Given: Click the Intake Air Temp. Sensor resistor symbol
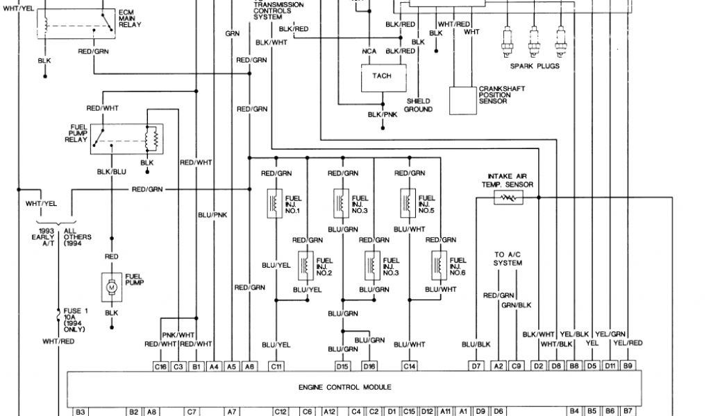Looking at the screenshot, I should tap(509, 198).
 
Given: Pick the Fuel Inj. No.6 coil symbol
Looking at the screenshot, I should tap(437, 264).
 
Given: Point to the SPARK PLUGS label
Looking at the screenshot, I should tap(534, 67).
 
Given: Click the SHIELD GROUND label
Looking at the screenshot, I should tap(418, 105).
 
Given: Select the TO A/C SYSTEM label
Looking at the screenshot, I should tap(508, 259).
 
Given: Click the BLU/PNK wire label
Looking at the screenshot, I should tap(212, 215).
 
